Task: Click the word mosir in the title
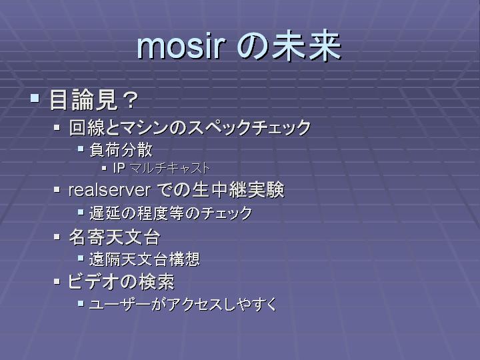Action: tap(181, 47)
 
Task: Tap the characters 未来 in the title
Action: tap(307, 45)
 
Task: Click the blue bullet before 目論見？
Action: tap(35, 98)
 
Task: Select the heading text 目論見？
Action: tap(94, 100)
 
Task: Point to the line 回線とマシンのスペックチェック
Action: tap(190, 127)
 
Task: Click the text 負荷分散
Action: tap(121, 150)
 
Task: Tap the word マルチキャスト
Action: tap(169, 168)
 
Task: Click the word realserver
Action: tap(109, 190)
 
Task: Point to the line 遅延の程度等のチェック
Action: tap(171, 213)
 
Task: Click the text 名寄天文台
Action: tap(115, 237)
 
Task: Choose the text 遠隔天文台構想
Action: tap(145, 259)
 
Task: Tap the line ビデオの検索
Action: tap(121, 281)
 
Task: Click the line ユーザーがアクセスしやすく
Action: tap(183, 305)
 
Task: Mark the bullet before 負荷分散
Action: tap(81, 149)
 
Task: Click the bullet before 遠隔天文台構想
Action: tap(81, 259)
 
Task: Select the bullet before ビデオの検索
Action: tap(57, 281)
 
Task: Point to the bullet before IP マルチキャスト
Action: tap(105, 168)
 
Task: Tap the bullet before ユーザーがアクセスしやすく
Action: tap(81, 304)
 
